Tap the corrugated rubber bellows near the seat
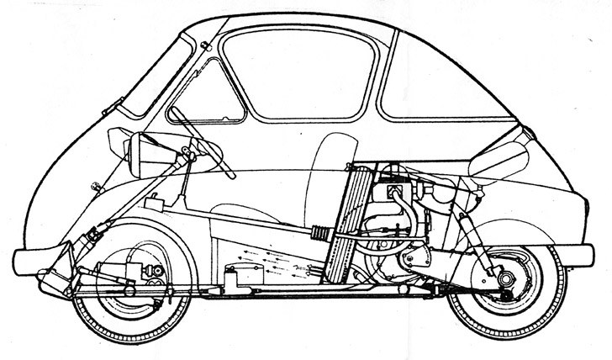click(322, 234)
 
